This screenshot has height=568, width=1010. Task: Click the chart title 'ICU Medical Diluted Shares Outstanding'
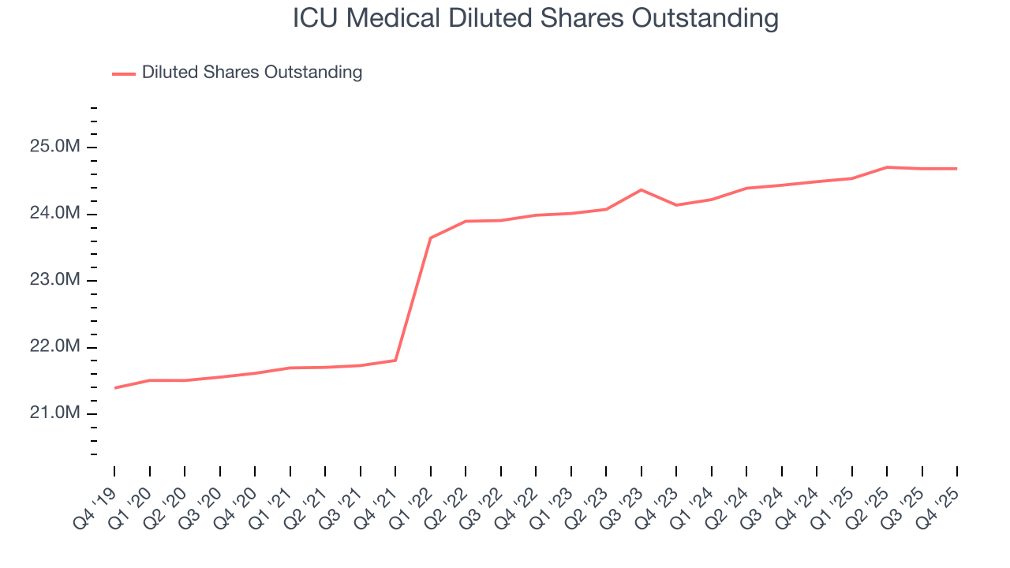point(536,18)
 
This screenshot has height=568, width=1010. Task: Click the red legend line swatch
point(123,73)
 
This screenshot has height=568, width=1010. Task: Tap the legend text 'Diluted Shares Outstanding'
point(252,73)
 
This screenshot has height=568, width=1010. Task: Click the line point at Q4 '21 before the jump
point(395,361)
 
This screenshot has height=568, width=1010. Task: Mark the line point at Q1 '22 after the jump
point(430,237)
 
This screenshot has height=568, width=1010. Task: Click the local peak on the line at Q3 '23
point(641,189)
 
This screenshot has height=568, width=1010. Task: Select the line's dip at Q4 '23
point(676,205)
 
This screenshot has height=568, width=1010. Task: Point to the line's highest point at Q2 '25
point(887,167)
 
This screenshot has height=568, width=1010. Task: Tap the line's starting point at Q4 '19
point(115,388)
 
